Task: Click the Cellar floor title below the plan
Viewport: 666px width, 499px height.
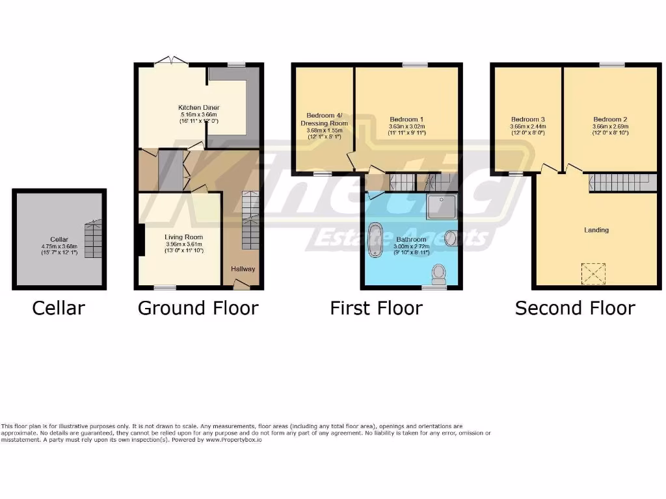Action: [x=59, y=307]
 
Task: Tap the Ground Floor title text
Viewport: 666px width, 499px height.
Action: [x=198, y=307]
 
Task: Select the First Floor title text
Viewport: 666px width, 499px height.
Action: [x=376, y=307]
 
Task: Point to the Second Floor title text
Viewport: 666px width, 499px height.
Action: [x=575, y=307]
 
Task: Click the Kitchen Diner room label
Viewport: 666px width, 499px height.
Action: [x=199, y=108]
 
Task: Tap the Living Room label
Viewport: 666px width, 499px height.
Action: [x=183, y=237]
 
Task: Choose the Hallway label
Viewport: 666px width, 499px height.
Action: [x=243, y=269]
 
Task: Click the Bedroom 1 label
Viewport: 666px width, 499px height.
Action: [x=406, y=120]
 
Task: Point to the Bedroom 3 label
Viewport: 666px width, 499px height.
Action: [x=527, y=120]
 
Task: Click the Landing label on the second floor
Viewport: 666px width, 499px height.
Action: [x=596, y=230]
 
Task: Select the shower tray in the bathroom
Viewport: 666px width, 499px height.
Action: [x=442, y=206]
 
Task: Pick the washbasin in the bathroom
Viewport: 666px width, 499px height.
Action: [x=451, y=239]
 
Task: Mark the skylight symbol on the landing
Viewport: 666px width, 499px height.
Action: [x=593, y=273]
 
